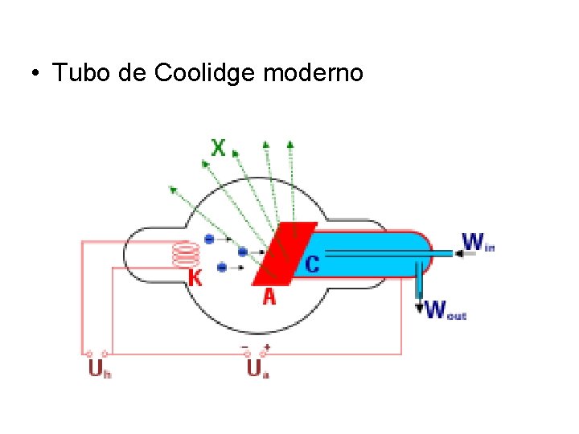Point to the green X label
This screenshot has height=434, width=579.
pos(218,148)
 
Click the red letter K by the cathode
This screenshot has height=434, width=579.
pos(195,278)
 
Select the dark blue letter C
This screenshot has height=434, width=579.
pos(312,263)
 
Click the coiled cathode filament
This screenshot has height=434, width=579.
pos(187,256)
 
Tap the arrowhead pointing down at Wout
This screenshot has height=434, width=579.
pos(419,306)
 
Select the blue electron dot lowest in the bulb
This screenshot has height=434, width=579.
pos(220,267)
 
